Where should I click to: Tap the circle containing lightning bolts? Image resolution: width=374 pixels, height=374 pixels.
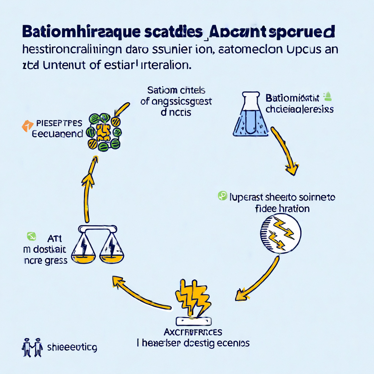click(280, 232)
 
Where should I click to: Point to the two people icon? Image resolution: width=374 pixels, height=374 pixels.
click(32, 347)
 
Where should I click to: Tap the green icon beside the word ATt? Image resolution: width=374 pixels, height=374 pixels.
click(31, 236)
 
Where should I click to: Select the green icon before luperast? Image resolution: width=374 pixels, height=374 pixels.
click(222, 196)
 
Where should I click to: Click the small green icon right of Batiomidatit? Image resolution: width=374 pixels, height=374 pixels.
click(327, 96)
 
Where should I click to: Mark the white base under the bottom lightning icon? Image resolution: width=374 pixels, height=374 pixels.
click(194, 321)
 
